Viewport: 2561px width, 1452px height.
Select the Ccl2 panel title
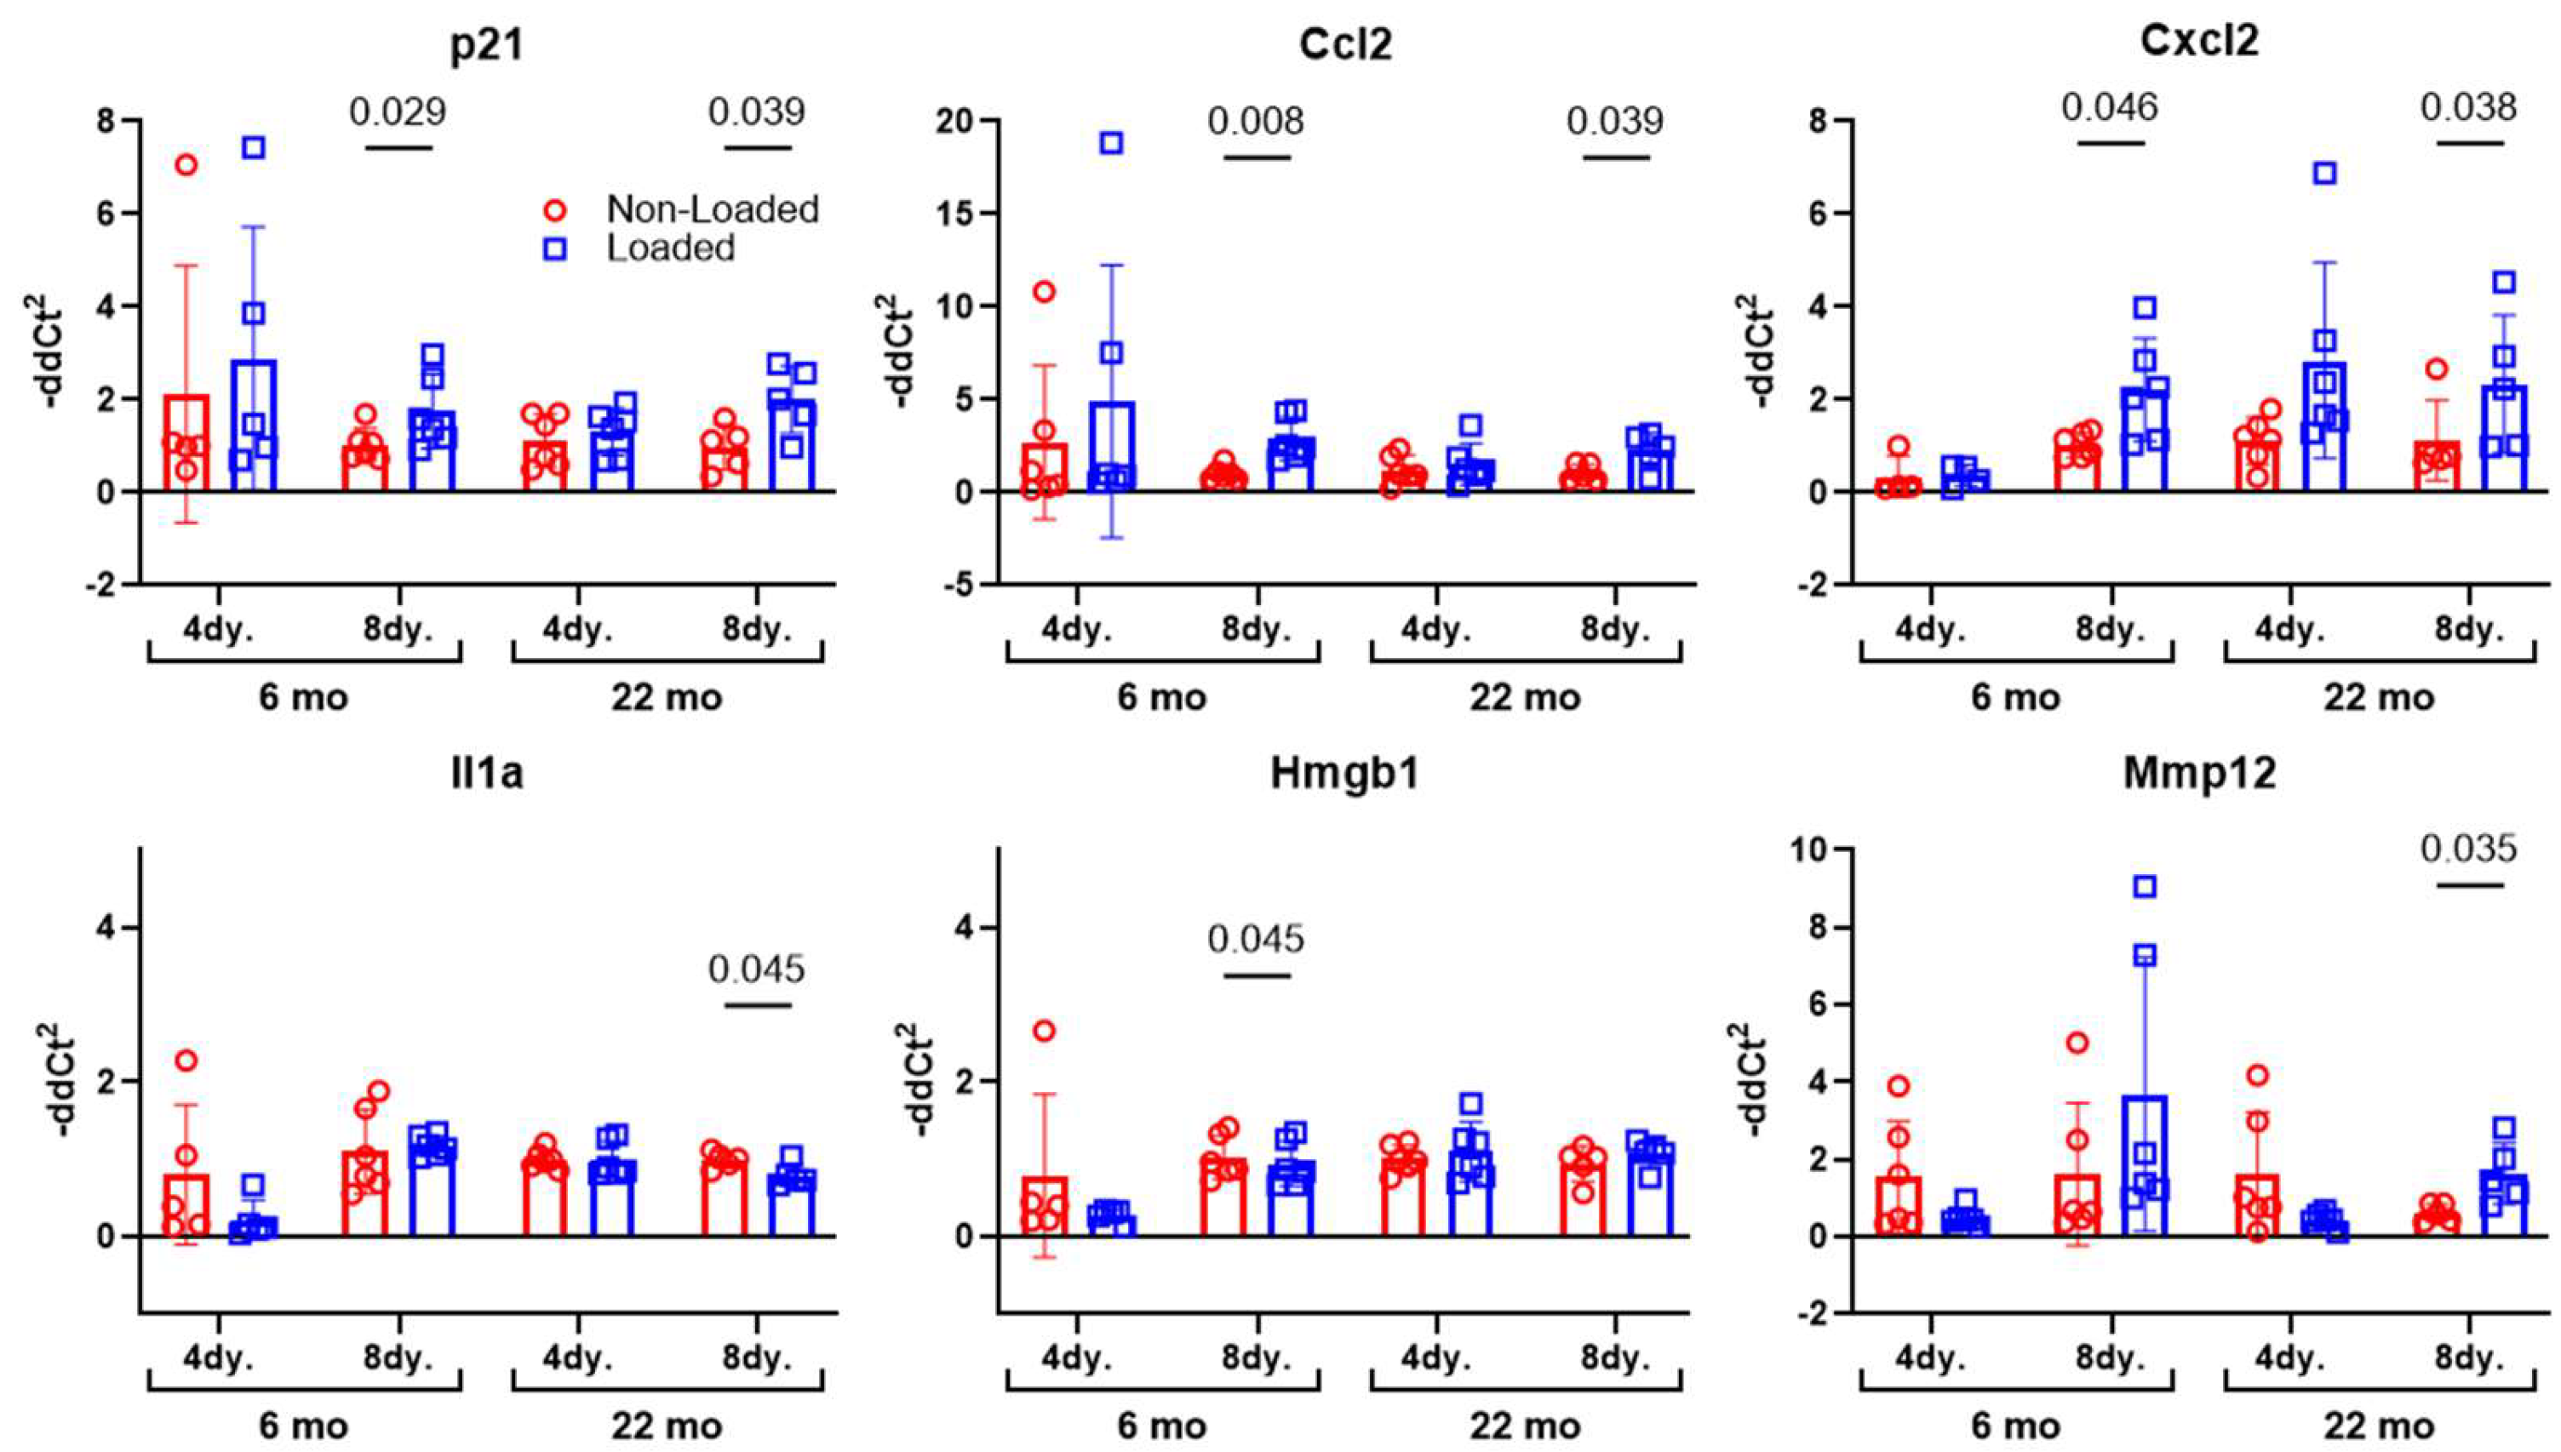pos(1345,45)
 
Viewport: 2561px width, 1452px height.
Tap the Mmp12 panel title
pos(2199,774)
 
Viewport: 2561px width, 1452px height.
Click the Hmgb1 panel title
pos(1344,774)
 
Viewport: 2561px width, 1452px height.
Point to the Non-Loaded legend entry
pos(712,209)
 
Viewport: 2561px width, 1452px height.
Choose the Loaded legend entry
pos(670,249)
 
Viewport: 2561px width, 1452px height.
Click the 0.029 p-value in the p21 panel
pos(397,111)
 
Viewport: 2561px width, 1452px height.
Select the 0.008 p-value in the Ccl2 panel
pos(1256,122)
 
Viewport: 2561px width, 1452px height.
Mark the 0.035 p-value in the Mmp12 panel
pos(2469,849)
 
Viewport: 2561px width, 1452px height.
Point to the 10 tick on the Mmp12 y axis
pos(1815,849)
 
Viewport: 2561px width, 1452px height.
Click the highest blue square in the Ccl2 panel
pos(1111,144)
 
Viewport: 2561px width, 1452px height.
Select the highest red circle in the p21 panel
pos(186,166)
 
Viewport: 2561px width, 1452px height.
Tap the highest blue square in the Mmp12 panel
pos(2144,887)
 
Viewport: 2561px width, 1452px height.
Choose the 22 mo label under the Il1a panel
pos(666,1425)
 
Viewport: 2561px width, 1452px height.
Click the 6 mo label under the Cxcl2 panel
pos(2015,697)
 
